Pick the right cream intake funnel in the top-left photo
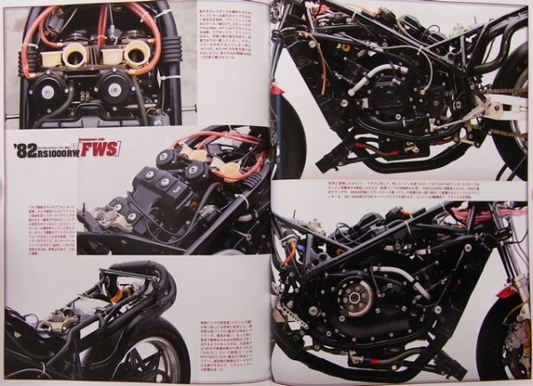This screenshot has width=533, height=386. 137,54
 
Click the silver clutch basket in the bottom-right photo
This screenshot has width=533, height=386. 358,299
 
